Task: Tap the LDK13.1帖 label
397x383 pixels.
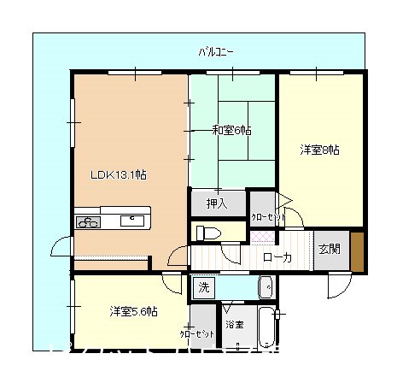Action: coord(120,175)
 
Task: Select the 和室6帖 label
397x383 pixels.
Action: coord(231,131)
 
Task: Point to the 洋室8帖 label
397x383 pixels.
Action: coord(320,150)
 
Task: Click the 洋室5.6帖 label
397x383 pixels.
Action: coord(132,311)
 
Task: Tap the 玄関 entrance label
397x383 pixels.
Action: coord(330,250)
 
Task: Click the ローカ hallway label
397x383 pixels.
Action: coord(277,256)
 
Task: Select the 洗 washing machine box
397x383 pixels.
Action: coord(203,287)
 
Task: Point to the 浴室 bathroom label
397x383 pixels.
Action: coord(234,325)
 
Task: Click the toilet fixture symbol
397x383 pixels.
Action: coord(209,233)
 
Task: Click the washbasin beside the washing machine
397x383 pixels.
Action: coord(265,287)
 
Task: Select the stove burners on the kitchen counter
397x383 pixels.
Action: coord(87,222)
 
